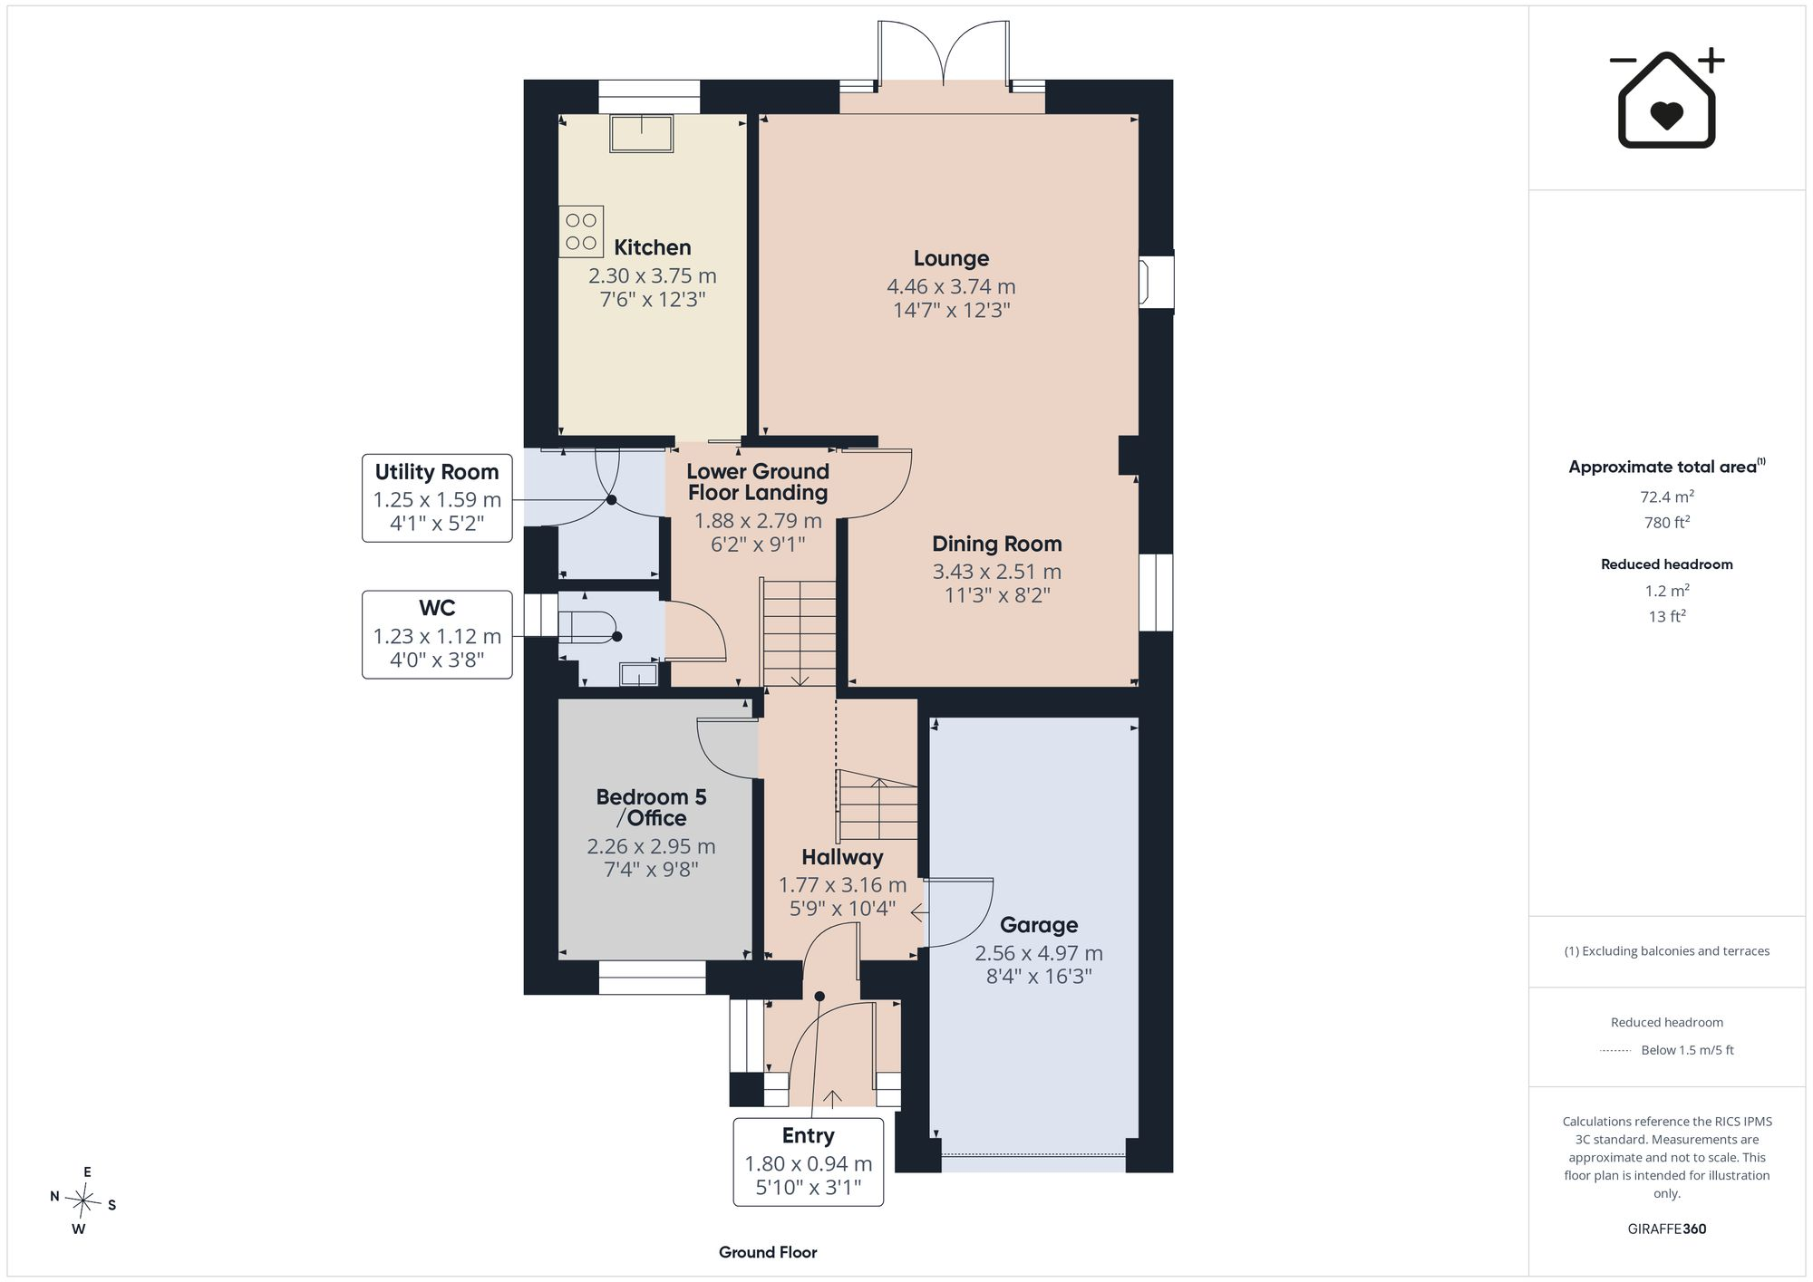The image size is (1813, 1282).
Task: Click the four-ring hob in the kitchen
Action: [x=581, y=232]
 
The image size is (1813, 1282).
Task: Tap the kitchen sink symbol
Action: [x=642, y=133]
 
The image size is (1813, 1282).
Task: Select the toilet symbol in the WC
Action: [x=588, y=626]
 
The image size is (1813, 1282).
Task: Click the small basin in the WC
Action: [x=638, y=674]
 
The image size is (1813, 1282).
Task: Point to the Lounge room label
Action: [x=951, y=258]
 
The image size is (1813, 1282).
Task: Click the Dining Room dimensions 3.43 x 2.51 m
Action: [x=996, y=572]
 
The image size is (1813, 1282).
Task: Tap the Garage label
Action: [x=1039, y=925]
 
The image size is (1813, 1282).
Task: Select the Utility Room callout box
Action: [x=437, y=498]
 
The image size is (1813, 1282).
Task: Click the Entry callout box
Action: [x=808, y=1162]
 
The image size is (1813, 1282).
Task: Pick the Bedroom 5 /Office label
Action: [x=651, y=807]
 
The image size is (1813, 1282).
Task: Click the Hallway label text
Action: [x=842, y=857]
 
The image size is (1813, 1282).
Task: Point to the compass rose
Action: [x=83, y=1201]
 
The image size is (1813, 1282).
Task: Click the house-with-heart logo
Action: [x=1666, y=98]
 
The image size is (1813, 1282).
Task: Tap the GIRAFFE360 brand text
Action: [x=1666, y=1229]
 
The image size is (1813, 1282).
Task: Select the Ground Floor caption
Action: [x=768, y=1252]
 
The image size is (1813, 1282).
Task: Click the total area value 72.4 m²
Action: [x=1666, y=496]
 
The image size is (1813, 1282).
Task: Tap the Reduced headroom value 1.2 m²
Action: [x=1666, y=591]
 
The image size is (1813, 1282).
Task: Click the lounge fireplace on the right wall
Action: [x=1156, y=282]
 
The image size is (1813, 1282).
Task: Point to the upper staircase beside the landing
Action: [x=799, y=633]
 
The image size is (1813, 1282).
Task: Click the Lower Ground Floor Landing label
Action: [x=758, y=482]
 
